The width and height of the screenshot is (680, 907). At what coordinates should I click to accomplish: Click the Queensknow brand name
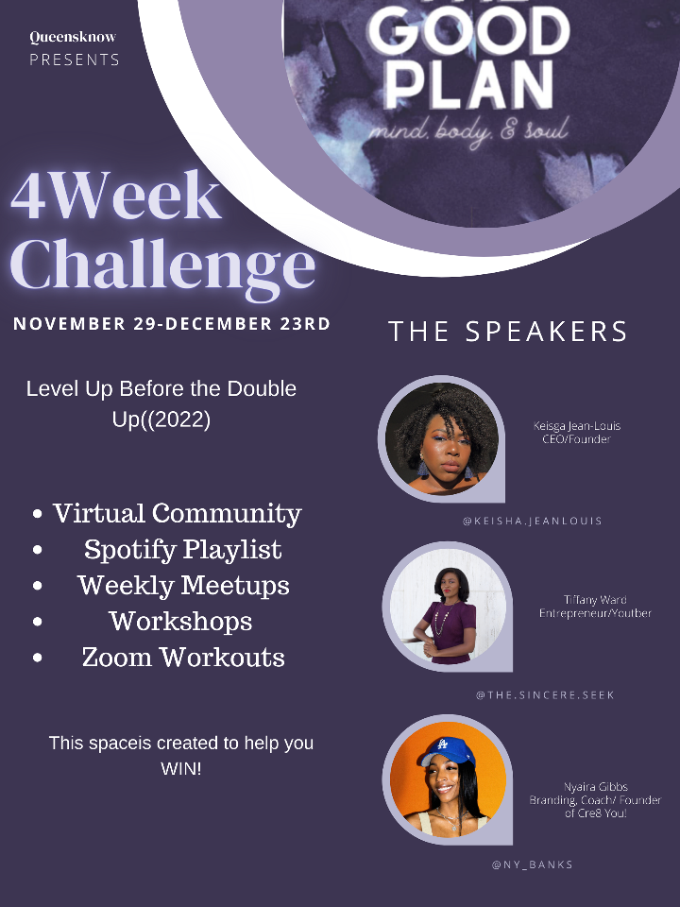coord(73,38)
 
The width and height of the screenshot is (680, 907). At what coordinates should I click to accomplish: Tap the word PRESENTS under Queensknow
coord(75,60)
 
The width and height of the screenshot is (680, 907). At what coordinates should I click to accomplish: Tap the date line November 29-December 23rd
coord(172,324)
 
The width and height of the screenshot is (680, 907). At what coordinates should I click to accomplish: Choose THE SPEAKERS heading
coord(508,332)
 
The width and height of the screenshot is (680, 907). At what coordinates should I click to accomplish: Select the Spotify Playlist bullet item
coord(182,550)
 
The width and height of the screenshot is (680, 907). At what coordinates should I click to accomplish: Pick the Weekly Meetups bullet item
coord(183,586)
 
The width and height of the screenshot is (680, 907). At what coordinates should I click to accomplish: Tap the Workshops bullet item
coord(180,622)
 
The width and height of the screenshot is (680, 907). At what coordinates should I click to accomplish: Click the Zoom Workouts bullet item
coord(183,658)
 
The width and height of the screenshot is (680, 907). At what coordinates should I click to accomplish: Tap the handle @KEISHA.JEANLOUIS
coord(533,521)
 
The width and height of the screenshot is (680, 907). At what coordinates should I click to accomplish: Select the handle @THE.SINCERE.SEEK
coord(545,694)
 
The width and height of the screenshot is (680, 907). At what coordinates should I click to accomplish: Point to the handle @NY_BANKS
coord(532,864)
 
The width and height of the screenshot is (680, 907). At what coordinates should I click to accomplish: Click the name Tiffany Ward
coord(595,600)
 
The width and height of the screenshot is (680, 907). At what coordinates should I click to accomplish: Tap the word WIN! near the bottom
coord(180,769)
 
